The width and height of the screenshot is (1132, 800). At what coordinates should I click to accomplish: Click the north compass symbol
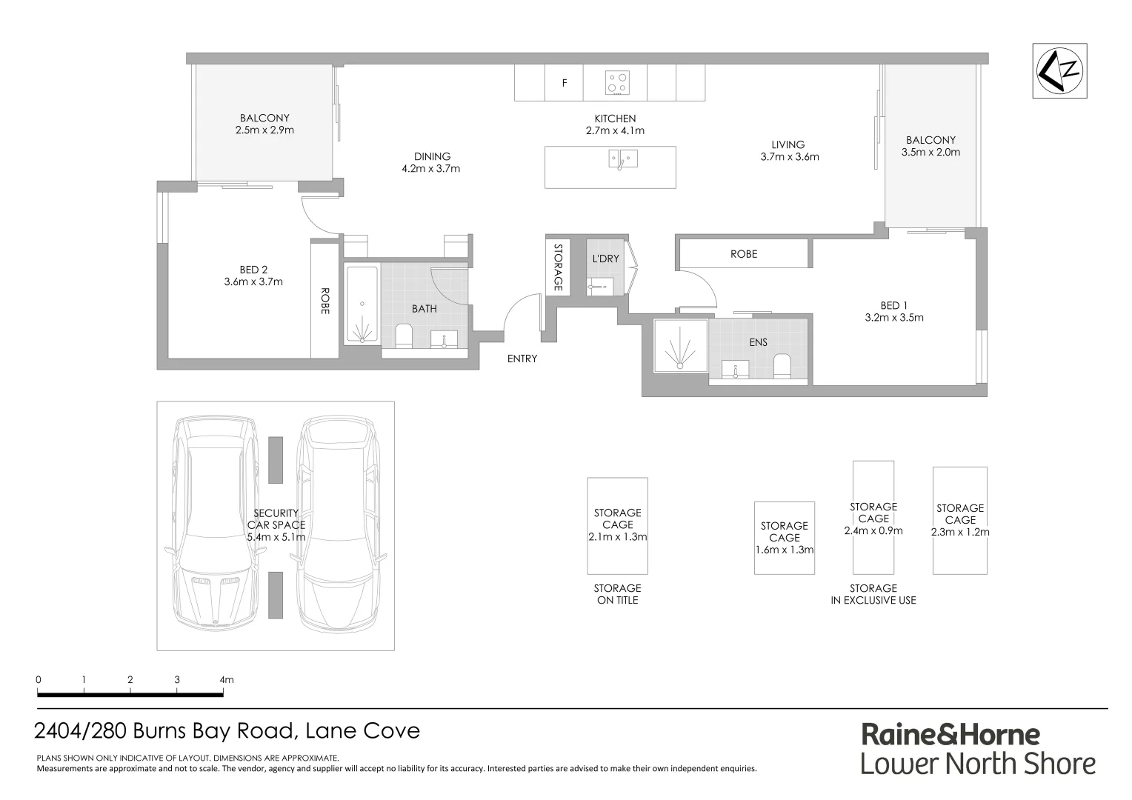[x=1060, y=70]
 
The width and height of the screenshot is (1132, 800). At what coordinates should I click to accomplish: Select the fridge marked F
[x=565, y=83]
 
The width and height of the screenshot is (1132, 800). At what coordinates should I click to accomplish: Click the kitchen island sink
[x=622, y=159]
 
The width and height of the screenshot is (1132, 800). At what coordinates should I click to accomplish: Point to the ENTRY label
[x=522, y=359]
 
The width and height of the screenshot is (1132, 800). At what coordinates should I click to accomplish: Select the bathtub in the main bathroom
[x=362, y=304]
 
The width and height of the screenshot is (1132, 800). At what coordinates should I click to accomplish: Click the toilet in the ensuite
[x=782, y=366]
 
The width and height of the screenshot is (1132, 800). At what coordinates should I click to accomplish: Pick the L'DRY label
[x=605, y=259]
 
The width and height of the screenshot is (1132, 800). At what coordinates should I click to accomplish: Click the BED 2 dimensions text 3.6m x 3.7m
[x=253, y=281]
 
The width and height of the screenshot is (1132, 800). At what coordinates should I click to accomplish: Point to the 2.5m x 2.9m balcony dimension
[x=264, y=130]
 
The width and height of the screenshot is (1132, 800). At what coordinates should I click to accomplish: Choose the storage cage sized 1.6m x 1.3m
[x=784, y=538]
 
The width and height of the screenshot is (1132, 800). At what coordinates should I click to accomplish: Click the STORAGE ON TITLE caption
[x=617, y=594]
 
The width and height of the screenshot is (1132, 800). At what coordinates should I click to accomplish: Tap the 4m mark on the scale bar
[x=224, y=694]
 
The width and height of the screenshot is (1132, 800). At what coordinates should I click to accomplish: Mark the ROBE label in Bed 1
[x=743, y=254]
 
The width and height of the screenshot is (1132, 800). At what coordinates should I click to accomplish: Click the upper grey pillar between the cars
[x=275, y=460]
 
